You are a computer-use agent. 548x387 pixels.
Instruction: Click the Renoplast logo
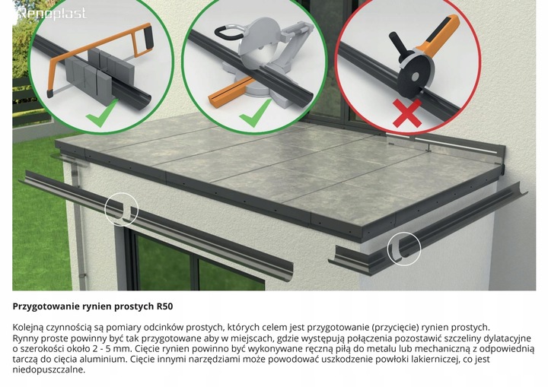tap(52, 13)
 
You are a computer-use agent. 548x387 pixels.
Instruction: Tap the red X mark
tap(406, 113)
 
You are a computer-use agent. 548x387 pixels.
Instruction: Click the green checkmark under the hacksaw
tap(102, 113)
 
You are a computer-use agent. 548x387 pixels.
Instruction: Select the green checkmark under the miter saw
tap(255, 113)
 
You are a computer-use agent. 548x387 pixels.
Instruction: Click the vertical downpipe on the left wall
tap(78, 224)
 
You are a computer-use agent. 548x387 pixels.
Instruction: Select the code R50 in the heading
tap(164, 306)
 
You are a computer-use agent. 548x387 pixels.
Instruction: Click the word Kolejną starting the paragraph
tap(27, 328)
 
